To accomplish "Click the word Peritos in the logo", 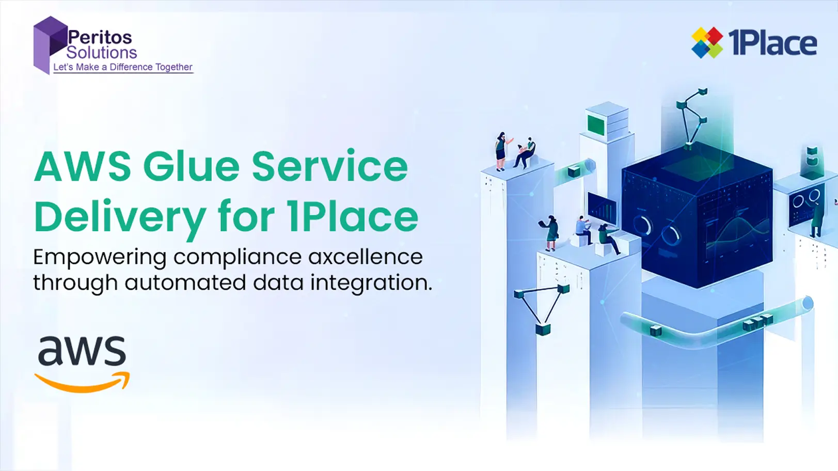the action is [100, 37].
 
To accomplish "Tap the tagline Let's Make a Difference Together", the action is [123, 67].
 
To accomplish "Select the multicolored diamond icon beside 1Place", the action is [707, 43].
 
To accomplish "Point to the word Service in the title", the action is [329, 167].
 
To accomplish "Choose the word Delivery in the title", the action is [120, 217].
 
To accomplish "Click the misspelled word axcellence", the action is [366, 257].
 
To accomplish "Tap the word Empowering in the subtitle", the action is [100, 259].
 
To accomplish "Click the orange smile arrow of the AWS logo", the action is [82, 382].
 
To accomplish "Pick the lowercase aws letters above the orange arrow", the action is [82, 351].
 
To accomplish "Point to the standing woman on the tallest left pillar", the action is [501, 151].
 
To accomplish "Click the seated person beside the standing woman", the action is [526, 153].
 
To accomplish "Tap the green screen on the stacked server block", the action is [596, 125].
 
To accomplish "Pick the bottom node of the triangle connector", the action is [543, 329].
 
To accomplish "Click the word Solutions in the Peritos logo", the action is [101, 52].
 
